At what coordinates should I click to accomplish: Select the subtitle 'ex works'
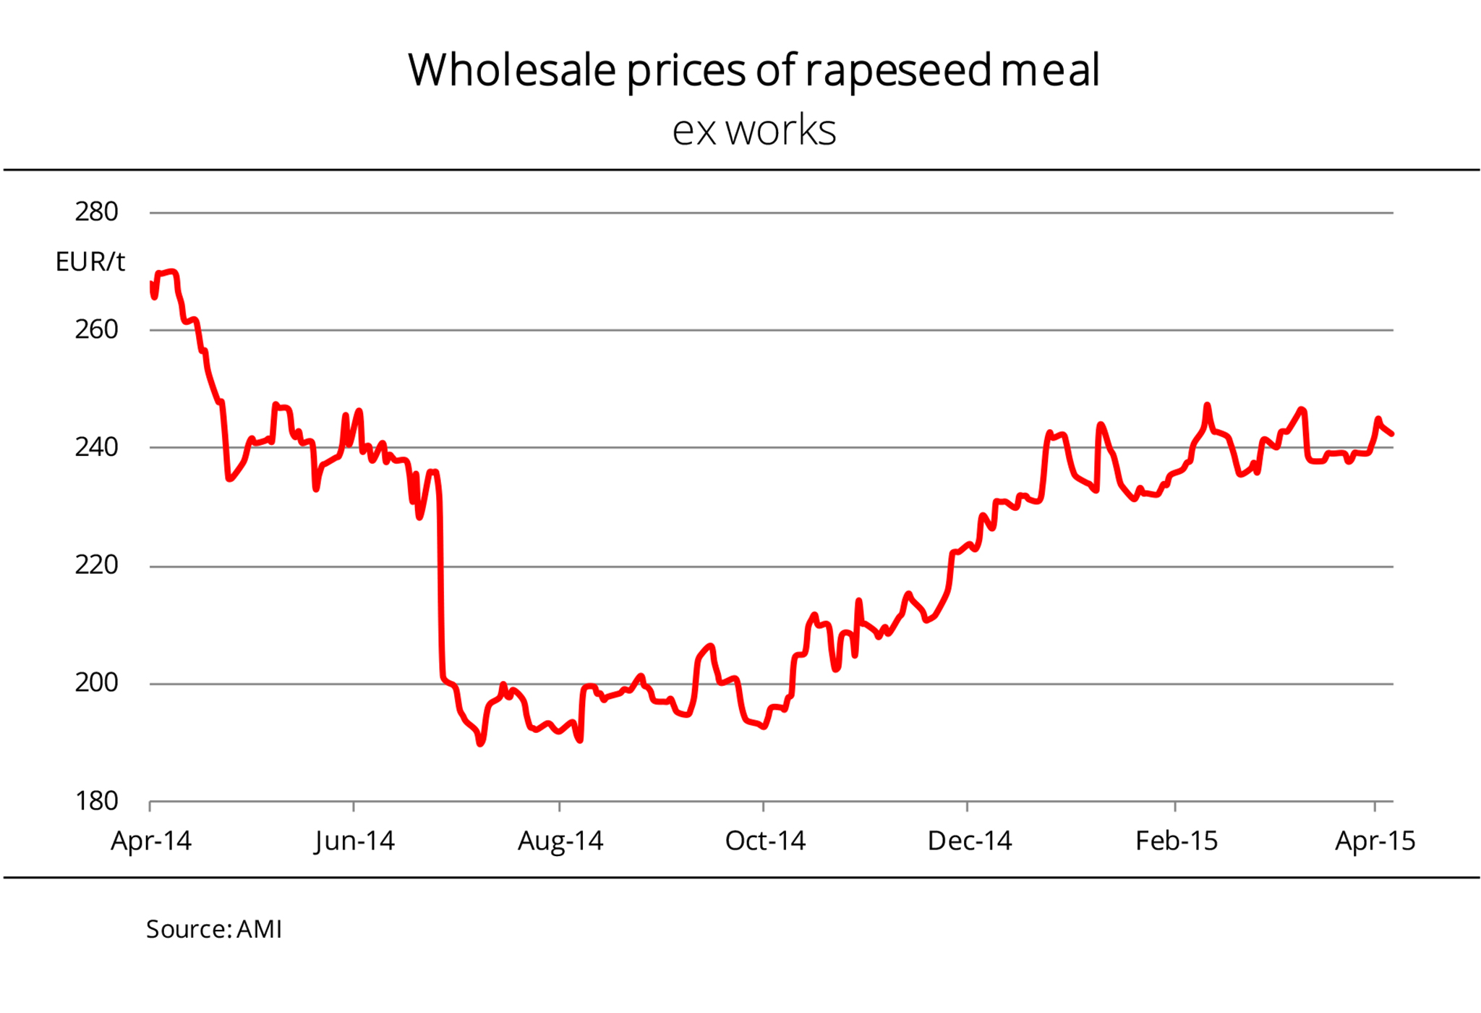[x=754, y=131]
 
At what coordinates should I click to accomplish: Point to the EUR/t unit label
[x=90, y=262]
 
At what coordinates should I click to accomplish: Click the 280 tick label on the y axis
[x=96, y=212]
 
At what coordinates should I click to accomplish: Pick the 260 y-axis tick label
[x=96, y=330]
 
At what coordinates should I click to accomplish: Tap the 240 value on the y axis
[x=96, y=447]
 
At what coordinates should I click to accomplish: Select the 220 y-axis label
[x=96, y=565]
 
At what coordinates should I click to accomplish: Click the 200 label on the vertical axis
[x=96, y=682]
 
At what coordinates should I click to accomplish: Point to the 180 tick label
[x=96, y=801]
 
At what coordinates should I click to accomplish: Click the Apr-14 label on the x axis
[x=151, y=841]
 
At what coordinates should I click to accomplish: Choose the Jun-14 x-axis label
[x=354, y=841]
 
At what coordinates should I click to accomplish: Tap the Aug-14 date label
[x=560, y=841]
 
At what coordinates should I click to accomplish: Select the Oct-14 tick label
[x=765, y=841]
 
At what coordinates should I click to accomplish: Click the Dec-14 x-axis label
[x=969, y=841]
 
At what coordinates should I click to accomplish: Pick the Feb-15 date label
[x=1177, y=841]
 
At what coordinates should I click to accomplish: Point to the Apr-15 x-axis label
[x=1375, y=841]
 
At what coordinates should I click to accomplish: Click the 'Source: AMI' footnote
[x=214, y=929]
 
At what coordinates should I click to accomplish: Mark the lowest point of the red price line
[x=481, y=743]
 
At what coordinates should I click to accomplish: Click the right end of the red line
[x=1392, y=434]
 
